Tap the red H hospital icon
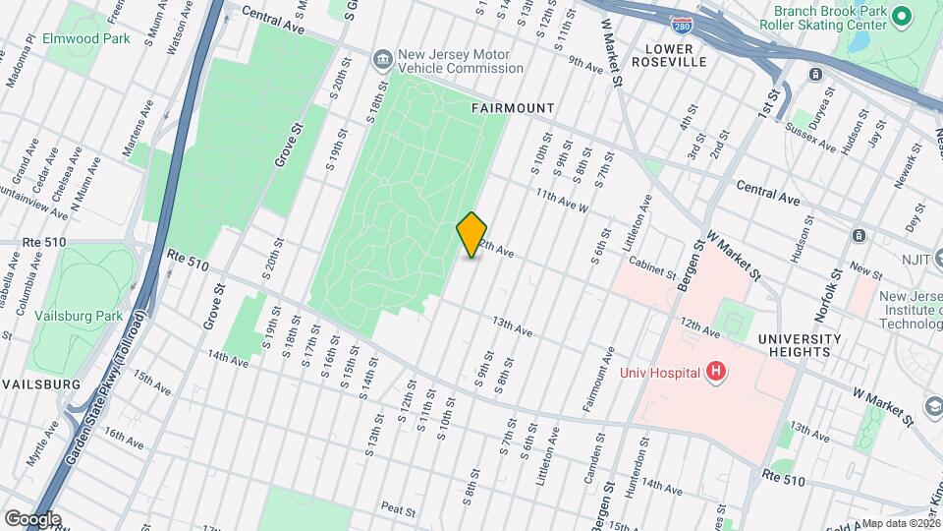tap(717, 372)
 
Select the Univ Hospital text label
tap(659, 373)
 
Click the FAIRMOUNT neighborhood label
tap(512, 108)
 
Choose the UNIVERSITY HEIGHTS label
tap(801, 346)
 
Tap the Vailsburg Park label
tap(76, 316)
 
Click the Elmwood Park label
tap(73, 39)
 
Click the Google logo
tap(32, 518)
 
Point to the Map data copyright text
tap(901, 523)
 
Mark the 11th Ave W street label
tap(561, 202)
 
